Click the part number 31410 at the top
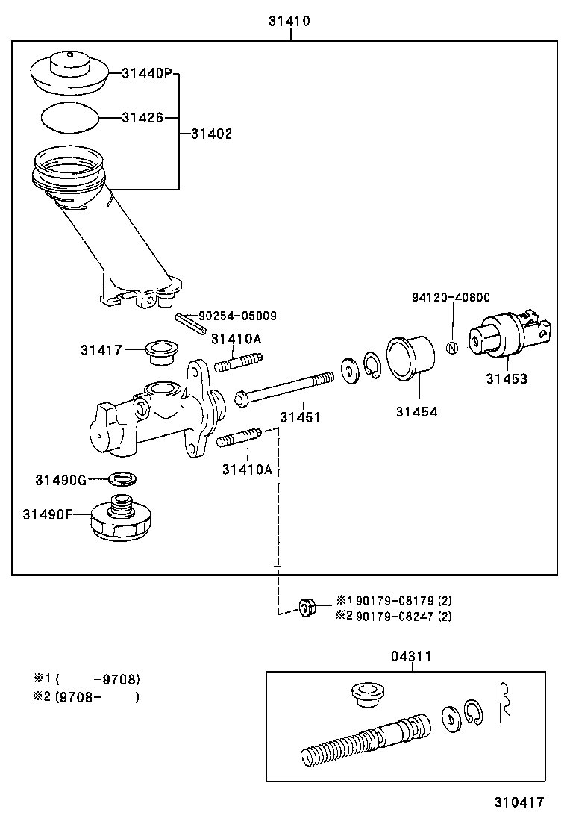(289, 22)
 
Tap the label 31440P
(147, 73)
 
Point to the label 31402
(211, 134)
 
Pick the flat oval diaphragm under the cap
(68, 117)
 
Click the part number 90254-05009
(237, 316)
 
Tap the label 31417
(101, 349)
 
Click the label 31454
(416, 411)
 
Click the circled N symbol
(451, 348)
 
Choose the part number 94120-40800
(451, 297)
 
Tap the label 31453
(507, 378)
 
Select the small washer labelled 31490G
(122, 478)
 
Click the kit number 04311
(411, 656)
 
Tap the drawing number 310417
(519, 803)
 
